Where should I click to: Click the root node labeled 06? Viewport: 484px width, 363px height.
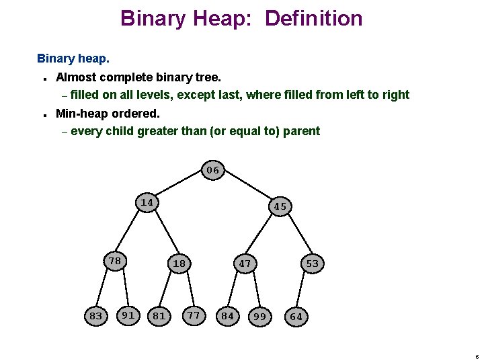coord(213,170)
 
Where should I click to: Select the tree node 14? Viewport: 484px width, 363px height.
coord(147,202)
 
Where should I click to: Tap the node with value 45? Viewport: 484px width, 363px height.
coord(280,206)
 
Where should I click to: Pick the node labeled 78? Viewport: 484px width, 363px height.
coord(115,261)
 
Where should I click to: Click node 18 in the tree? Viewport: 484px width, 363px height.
coord(179,264)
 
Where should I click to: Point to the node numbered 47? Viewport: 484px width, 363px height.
coord(245,264)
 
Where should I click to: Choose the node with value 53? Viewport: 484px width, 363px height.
coord(312,264)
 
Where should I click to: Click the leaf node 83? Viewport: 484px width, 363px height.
coord(96,315)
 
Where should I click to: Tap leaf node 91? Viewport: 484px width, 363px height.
coord(128,314)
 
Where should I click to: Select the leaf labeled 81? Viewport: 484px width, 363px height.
coord(159,315)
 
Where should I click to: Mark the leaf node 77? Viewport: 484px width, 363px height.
coord(194,314)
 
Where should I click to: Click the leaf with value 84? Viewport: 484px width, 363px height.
coord(228,315)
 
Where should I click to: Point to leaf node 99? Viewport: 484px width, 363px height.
coord(259,316)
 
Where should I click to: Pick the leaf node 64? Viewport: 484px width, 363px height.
coord(295,316)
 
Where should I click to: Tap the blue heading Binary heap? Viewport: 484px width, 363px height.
coord(73,58)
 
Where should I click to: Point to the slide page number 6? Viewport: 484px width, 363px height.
coord(476,356)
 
